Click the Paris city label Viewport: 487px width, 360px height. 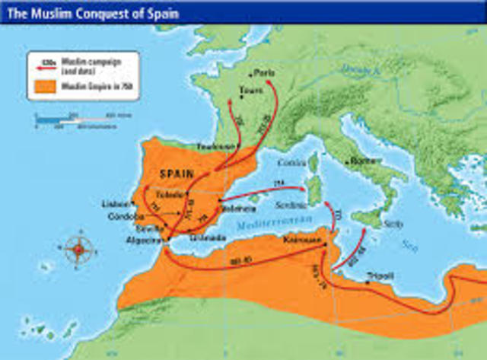pos(266,73)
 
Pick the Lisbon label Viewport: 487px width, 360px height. pos(113,204)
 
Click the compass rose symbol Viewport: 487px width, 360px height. pos(79,247)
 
